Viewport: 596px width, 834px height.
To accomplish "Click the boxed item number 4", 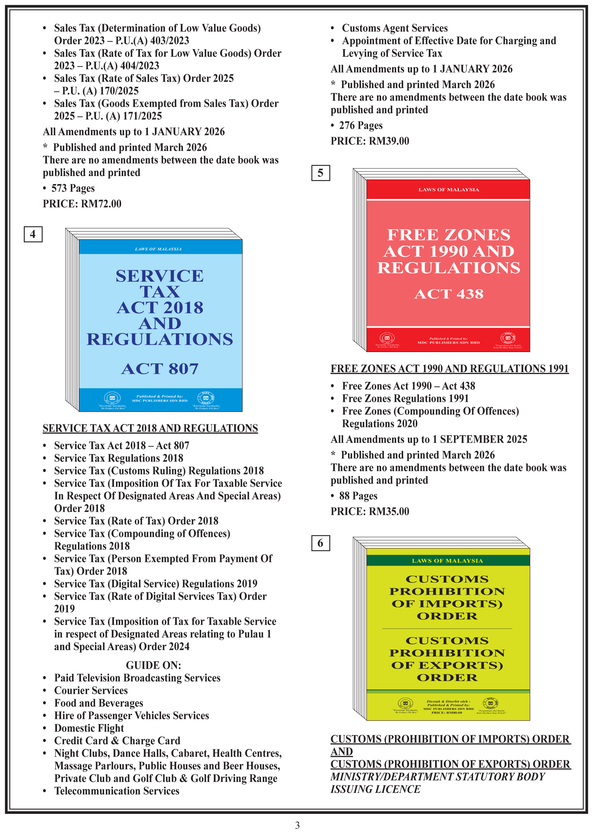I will [33, 234].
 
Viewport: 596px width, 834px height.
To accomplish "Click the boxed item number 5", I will [320, 173].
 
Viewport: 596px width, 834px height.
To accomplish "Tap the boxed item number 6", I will [320, 543].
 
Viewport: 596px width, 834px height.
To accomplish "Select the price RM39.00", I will [389, 141].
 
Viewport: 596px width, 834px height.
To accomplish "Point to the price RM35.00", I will [389, 511].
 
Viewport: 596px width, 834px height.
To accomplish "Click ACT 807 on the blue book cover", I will [160, 369].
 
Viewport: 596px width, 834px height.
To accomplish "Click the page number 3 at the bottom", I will [297, 825].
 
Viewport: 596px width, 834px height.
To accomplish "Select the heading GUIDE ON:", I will [153, 665].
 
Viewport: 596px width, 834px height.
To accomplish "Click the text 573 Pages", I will [73, 188].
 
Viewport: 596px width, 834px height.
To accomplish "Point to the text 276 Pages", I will [361, 126].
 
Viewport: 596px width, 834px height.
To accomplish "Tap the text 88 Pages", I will [358, 496].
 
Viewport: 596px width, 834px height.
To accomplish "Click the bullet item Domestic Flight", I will [89, 728].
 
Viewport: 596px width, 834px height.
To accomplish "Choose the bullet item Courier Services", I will [91, 691].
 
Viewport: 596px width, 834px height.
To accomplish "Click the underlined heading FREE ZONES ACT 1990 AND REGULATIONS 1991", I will [450, 369].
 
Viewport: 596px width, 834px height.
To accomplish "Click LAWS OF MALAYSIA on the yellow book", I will [447, 561].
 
